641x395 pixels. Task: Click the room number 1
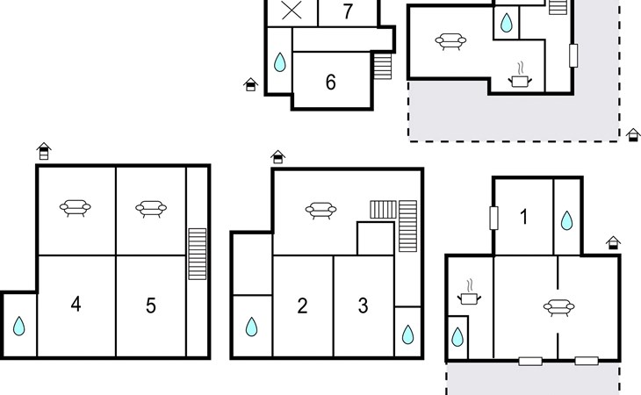pyautogui.click(x=524, y=217)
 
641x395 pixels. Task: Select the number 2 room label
pyautogui.click(x=302, y=305)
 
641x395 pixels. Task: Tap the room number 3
pyautogui.click(x=363, y=305)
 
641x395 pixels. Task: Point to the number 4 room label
pyautogui.click(x=76, y=305)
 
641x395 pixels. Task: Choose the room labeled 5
pyautogui.click(x=151, y=305)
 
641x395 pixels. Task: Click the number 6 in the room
pyautogui.click(x=331, y=83)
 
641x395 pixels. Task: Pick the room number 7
pyautogui.click(x=348, y=11)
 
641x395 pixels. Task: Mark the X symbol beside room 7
pyautogui.click(x=292, y=11)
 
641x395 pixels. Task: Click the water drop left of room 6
pyautogui.click(x=279, y=62)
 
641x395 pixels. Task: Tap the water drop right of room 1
pyautogui.click(x=566, y=220)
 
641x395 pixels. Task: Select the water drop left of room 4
pyautogui.click(x=18, y=327)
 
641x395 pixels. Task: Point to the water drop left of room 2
pyautogui.click(x=251, y=327)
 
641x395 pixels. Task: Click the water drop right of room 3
pyautogui.click(x=408, y=334)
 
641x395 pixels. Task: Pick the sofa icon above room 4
pyautogui.click(x=76, y=208)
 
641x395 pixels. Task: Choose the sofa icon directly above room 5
pyautogui.click(x=151, y=209)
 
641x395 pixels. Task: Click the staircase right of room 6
pyautogui.click(x=383, y=66)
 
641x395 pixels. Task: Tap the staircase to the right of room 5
pyautogui.click(x=197, y=254)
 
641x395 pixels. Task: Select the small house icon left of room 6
pyautogui.click(x=250, y=84)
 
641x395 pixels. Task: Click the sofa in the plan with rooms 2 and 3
pyautogui.click(x=320, y=211)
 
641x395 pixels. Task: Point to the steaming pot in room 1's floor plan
pyautogui.click(x=470, y=292)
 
